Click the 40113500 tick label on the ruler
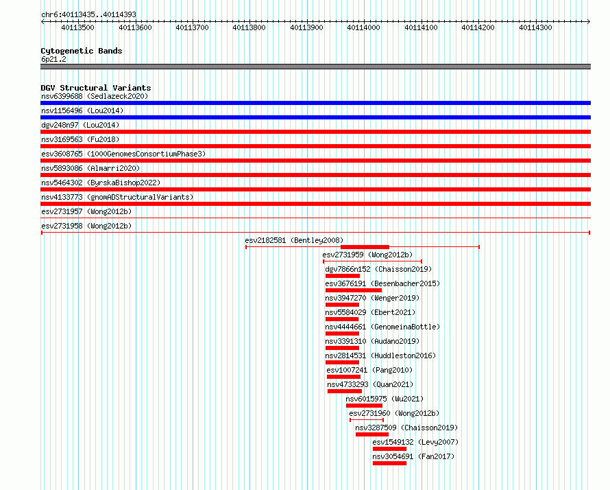[x=78, y=27]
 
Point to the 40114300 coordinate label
[x=535, y=27]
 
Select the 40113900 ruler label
[x=306, y=27]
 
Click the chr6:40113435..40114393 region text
[x=88, y=15]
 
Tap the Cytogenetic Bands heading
[x=82, y=51]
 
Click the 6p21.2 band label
[x=53, y=59]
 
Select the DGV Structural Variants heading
[x=96, y=88]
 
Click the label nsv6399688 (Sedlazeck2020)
[x=95, y=96]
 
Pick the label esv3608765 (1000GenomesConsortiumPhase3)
[x=123, y=154]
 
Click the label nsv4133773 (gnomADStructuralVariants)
[x=117, y=197]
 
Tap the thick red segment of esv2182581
[x=365, y=247]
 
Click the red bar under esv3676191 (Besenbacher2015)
[x=354, y=290]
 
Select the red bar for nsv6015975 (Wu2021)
[x=364, y=406]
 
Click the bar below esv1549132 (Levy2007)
[x=389, y=449]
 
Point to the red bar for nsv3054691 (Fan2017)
[x=389, y=463]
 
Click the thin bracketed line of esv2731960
[x=367, y=420]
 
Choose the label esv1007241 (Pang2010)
[x=369, y=370]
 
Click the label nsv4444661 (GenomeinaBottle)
[x=382, y=327]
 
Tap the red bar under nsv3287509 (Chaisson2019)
[x=372, y=434]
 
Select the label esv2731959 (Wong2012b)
[x=367, y=255]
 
